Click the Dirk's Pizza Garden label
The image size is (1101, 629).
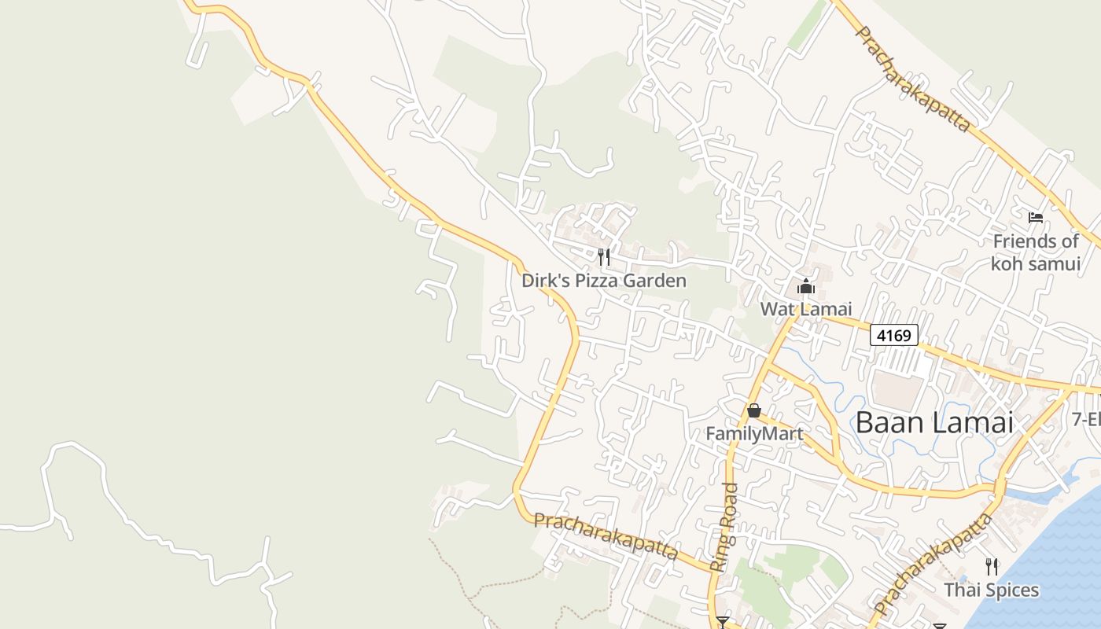(604, 281)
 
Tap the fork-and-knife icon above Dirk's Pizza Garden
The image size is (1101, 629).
(604, 256)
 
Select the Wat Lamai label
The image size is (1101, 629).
(806, 309)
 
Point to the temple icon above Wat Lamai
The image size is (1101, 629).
(806, 285)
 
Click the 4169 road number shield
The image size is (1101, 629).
(894, 336)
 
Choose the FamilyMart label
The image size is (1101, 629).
(754, 433)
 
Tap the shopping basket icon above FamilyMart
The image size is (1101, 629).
(754, 410)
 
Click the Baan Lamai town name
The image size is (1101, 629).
(933, 422)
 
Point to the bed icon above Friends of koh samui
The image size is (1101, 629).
(1036, 217)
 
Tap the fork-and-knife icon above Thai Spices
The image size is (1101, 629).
(992, 566)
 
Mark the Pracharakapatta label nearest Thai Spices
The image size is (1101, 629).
(933, 565)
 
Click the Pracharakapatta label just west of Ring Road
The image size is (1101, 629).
(606, 536)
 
